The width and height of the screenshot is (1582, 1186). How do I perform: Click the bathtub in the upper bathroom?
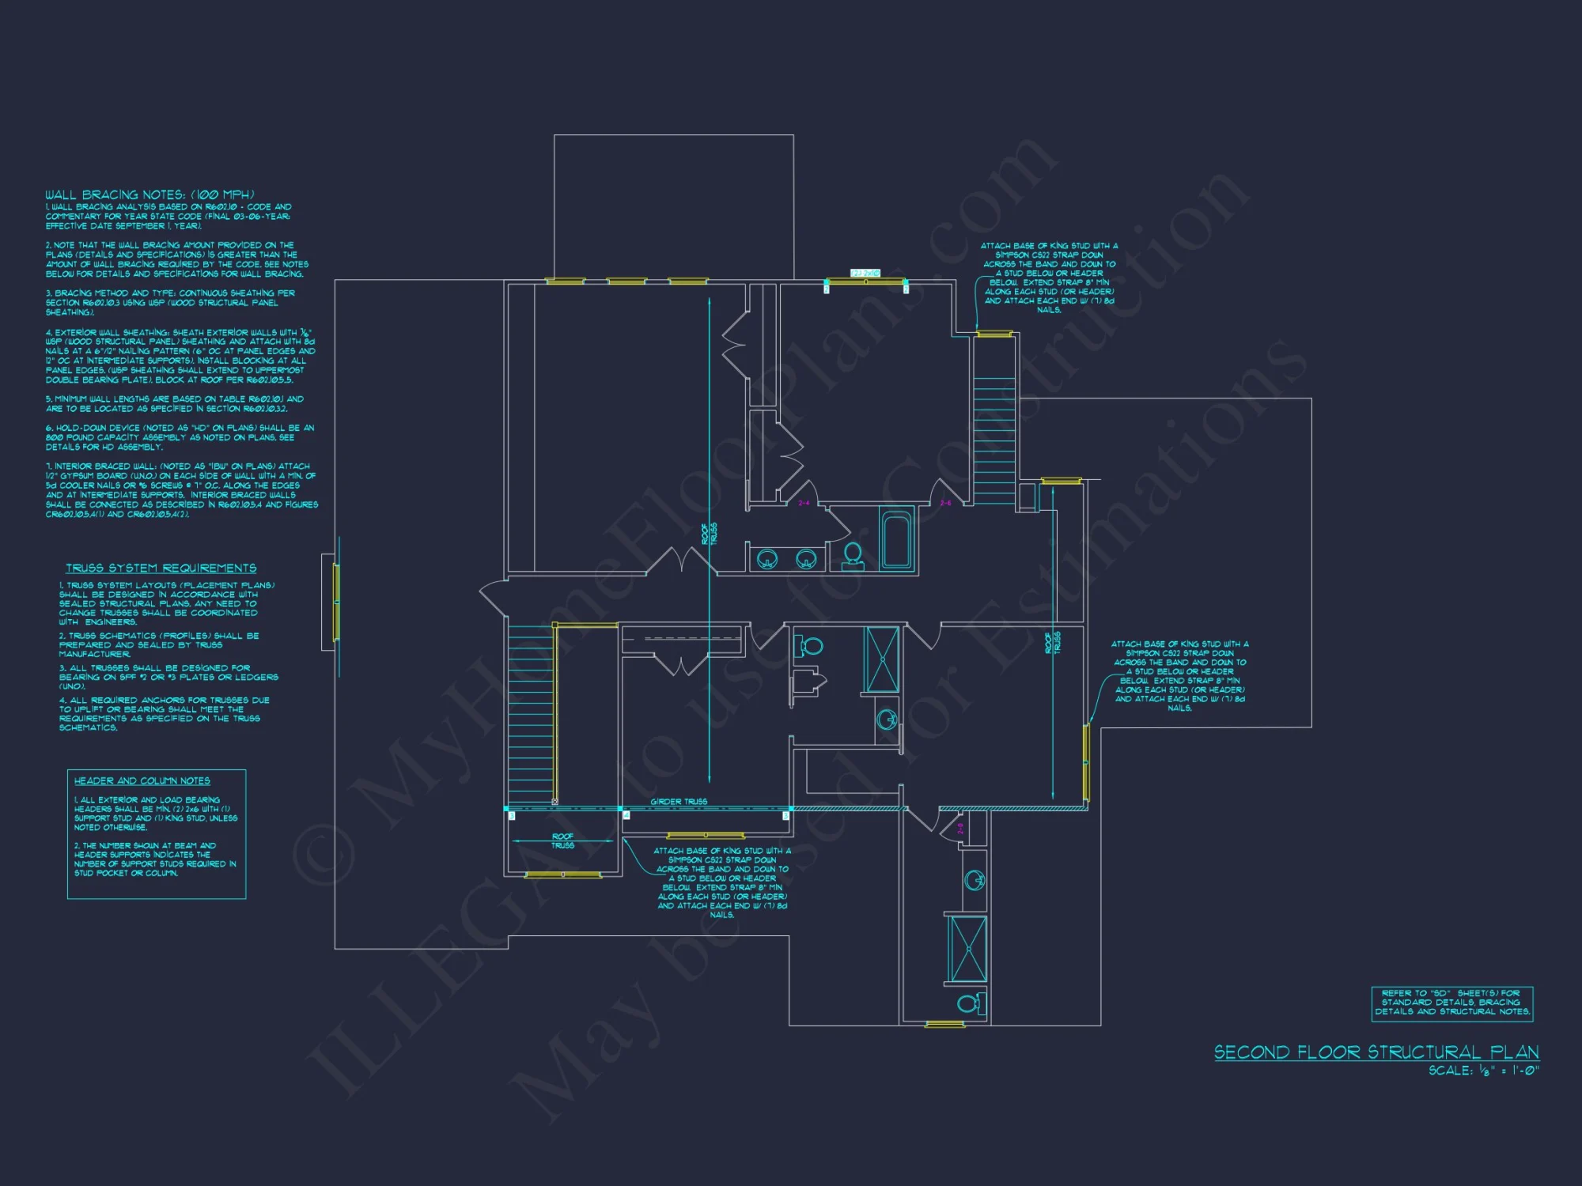897,541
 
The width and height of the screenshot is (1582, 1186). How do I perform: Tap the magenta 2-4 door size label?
804,503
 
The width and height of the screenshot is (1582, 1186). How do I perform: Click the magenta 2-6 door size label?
946,503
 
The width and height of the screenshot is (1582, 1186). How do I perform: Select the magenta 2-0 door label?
960,828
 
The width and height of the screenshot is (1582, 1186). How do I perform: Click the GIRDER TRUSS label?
679,802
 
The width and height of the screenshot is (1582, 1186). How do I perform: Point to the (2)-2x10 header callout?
865,273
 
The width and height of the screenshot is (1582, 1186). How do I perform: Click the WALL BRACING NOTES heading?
149,195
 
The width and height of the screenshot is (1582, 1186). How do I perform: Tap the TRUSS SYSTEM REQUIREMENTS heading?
161,568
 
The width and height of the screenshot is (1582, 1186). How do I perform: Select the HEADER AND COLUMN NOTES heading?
142,781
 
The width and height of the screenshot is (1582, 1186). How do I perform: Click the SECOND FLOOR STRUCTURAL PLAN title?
1376,1052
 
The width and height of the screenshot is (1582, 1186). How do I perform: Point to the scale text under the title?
1483,1071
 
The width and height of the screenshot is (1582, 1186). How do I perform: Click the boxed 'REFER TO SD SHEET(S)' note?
1451,1003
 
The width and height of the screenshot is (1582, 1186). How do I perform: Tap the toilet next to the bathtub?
853,554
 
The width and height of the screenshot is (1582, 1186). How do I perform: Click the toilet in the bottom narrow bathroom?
970,1004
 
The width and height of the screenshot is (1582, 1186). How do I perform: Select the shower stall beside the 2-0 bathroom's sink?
967,949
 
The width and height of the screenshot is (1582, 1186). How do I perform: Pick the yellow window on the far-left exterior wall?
336,602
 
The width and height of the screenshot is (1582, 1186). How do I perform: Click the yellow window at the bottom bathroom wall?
944,1025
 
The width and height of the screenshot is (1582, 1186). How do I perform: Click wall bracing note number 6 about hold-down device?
180,437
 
